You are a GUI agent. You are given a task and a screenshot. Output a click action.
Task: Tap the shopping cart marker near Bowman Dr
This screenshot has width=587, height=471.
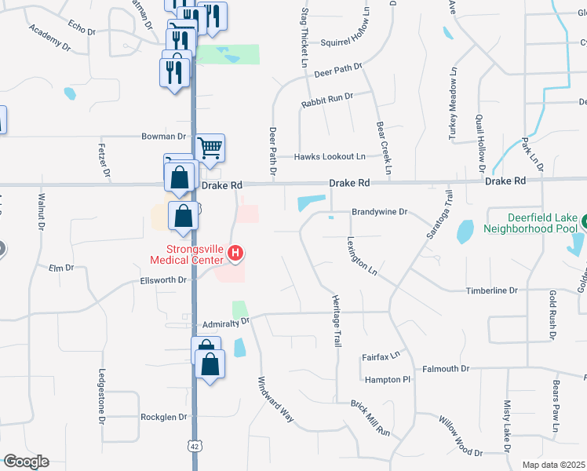click(210, 147)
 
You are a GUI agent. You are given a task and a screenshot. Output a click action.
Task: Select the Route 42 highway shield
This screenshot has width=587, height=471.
click(194, 446)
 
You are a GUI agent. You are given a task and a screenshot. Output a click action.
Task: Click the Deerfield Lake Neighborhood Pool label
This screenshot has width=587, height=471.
click(531, 223)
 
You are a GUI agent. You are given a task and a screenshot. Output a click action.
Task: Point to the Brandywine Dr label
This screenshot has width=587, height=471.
click(380, 212)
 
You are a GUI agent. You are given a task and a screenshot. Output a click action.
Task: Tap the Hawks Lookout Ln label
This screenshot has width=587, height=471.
click(330, 157)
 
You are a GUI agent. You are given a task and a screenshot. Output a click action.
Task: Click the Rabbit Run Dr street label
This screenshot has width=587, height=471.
click(327, 100)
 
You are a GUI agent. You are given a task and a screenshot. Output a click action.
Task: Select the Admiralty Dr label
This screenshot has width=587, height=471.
click(225, 323)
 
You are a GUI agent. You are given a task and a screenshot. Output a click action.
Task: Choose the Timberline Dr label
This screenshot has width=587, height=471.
click(492, 290)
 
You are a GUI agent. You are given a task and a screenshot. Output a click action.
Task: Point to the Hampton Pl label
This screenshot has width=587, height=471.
click(388, 379)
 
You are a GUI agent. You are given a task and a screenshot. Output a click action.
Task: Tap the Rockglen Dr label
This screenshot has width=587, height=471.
click(164, 417)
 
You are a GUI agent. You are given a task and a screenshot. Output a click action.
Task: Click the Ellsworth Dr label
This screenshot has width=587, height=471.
click(164, 280)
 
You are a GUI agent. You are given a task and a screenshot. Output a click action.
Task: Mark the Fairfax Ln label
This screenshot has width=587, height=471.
click(381, 356)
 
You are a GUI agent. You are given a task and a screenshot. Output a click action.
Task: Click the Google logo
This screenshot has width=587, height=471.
click(26, 462)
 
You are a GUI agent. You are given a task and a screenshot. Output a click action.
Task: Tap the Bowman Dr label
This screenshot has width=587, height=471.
click(163, 137)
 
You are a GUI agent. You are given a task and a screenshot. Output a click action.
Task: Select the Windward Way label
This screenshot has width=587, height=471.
click(274, 400)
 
